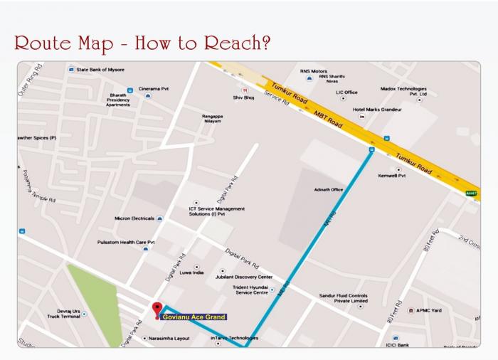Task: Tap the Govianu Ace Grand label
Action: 194,317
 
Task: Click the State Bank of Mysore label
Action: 99,70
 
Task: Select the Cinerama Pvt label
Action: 154,89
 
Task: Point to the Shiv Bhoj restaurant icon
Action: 245,90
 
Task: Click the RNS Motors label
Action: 314,71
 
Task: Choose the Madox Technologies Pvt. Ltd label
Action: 403,91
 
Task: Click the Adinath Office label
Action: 329,190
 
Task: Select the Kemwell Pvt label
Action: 391,175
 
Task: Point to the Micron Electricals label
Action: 135,218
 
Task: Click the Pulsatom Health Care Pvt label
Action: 126,242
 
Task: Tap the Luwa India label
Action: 191,272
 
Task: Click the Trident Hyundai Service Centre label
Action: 251,290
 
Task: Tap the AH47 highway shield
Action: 471,193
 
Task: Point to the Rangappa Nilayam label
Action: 212,118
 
